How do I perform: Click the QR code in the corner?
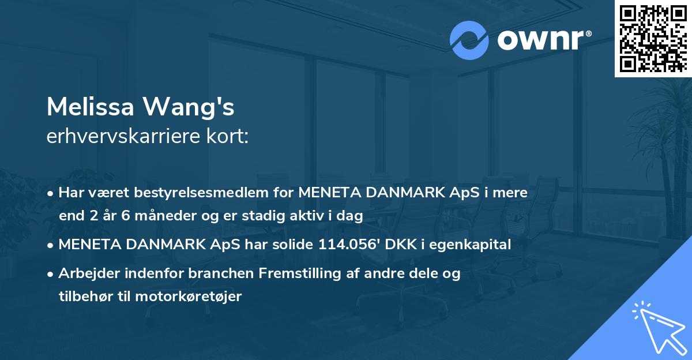coord(653,38)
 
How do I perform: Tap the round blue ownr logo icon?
coord(468,40)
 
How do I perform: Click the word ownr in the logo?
coord(543,40)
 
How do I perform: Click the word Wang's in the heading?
coord(196,107)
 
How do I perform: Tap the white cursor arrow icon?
coord(657,325)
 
